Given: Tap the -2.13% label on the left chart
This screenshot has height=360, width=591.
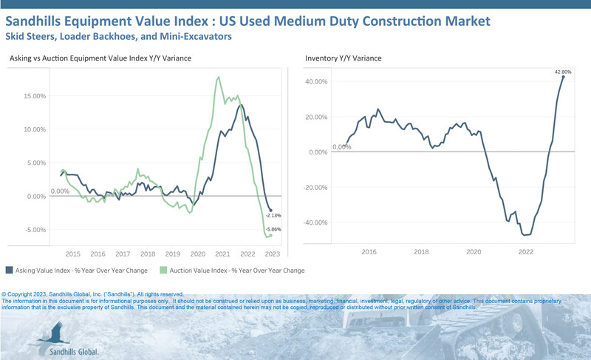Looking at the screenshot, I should coord(274,215).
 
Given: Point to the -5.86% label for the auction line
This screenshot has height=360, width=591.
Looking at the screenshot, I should coord(274,229).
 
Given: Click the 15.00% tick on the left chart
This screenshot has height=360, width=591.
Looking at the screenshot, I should coord(35,95).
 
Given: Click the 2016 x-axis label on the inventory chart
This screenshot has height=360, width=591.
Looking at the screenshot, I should coord(369,252).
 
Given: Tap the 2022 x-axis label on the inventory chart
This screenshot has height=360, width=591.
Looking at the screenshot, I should coord(526,252).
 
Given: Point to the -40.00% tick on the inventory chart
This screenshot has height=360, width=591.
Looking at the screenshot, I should coord(315,223).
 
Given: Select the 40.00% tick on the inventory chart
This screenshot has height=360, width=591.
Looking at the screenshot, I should coord(316,81).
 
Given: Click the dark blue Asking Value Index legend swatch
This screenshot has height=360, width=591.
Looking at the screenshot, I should coord(9,271).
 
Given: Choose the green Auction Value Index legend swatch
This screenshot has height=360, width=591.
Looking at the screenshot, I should coord(165,271).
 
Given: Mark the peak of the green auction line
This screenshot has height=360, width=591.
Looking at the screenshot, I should coord(219,77).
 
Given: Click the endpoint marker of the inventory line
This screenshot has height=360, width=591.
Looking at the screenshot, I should coord(564,77).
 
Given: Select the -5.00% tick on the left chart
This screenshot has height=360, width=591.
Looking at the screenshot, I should coord(35,230).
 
